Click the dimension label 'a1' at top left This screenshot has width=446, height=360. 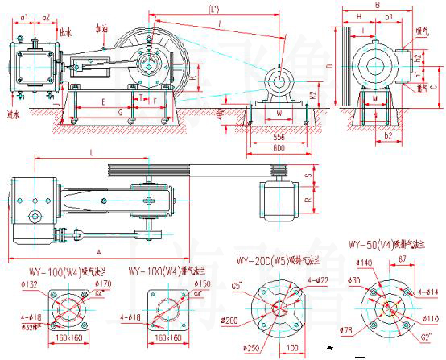pyautogui.click(x=25, y=16)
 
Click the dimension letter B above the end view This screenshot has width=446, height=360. pyautogui.click(x=378, y=5)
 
